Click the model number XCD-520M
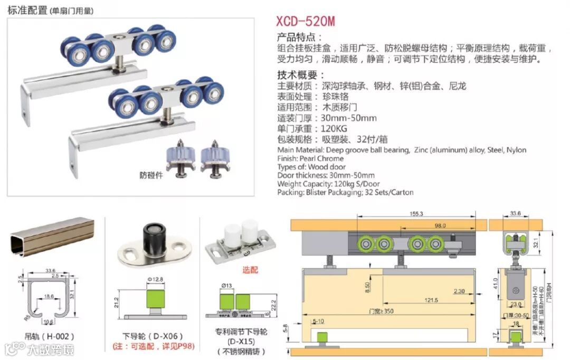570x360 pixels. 306,21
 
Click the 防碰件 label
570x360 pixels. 151,175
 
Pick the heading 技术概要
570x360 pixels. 301,75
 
